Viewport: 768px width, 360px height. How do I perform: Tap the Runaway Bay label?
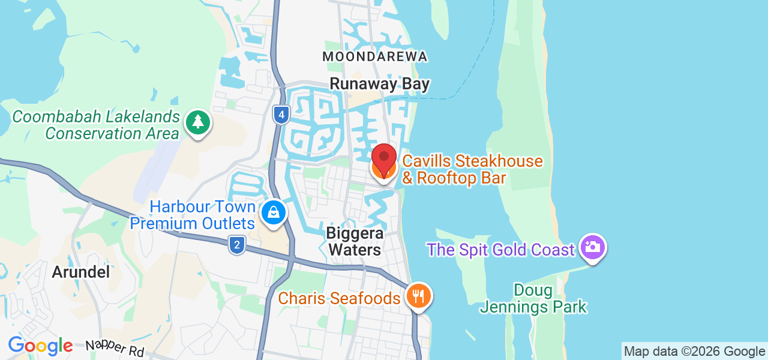pyautogui.click(x=380, y=84)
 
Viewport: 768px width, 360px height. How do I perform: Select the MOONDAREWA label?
pyautogui.click(x=375, y=56)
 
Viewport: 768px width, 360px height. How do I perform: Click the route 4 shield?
pyautogui.click(x=281, y=115)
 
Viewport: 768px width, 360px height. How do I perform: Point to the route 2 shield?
pyautogui.click(x=237, y=244)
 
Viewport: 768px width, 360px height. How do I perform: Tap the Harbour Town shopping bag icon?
pyautogui.click(x=274, y=213)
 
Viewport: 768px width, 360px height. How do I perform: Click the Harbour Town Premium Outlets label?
pyautogui.click(x=193, y=215)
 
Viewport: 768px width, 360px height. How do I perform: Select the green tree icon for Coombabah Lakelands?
pyautogui.click(x=197, y=123)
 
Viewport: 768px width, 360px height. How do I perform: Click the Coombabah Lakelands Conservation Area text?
pyautogui.click(x=96, y=125)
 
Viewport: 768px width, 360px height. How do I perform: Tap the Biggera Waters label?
pyautogui.click(x=354, y=241)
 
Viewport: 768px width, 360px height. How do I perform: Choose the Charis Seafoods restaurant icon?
pyautogui.click(x=418, y=296)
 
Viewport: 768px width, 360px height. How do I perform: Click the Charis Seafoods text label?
pyautogui.click(x=339, y=298)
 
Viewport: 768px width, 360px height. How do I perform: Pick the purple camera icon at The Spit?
pyautogui.click(x=593, y=247)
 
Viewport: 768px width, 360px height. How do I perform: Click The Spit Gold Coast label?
pyautogui.click(x=501, y=250)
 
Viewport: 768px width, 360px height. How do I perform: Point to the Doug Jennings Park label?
pyautogui.click(x=533, y=299)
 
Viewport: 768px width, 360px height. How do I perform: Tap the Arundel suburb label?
pyautogui.click(x=81, y=272)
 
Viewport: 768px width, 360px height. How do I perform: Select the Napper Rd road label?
pyautogui.click(x=114, y=348)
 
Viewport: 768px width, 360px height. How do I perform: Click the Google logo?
pyautogui.click(x=40, y=346)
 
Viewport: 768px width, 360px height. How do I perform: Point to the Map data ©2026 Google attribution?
pyautogui.click(x=694, y=352)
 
